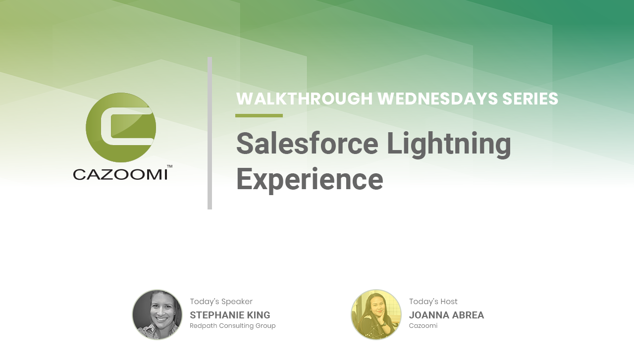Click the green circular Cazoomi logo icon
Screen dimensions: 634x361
121,128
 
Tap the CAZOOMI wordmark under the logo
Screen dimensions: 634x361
120,175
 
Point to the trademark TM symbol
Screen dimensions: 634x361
169,166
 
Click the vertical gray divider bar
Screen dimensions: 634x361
210,133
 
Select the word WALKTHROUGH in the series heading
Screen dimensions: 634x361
304,99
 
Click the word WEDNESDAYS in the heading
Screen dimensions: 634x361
437,99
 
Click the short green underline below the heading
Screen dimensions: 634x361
259,115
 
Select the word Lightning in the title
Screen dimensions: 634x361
449,145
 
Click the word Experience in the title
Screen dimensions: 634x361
310,180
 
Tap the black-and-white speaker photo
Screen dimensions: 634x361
158,314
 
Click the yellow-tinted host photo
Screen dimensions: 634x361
376,314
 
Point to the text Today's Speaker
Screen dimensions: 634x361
221,302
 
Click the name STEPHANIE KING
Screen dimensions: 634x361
230,315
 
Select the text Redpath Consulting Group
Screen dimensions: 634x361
233,326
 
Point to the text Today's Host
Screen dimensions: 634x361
433,302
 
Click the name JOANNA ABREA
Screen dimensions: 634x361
446,315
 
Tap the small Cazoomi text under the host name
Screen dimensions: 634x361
423,326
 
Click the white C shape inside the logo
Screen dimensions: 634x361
106,126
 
